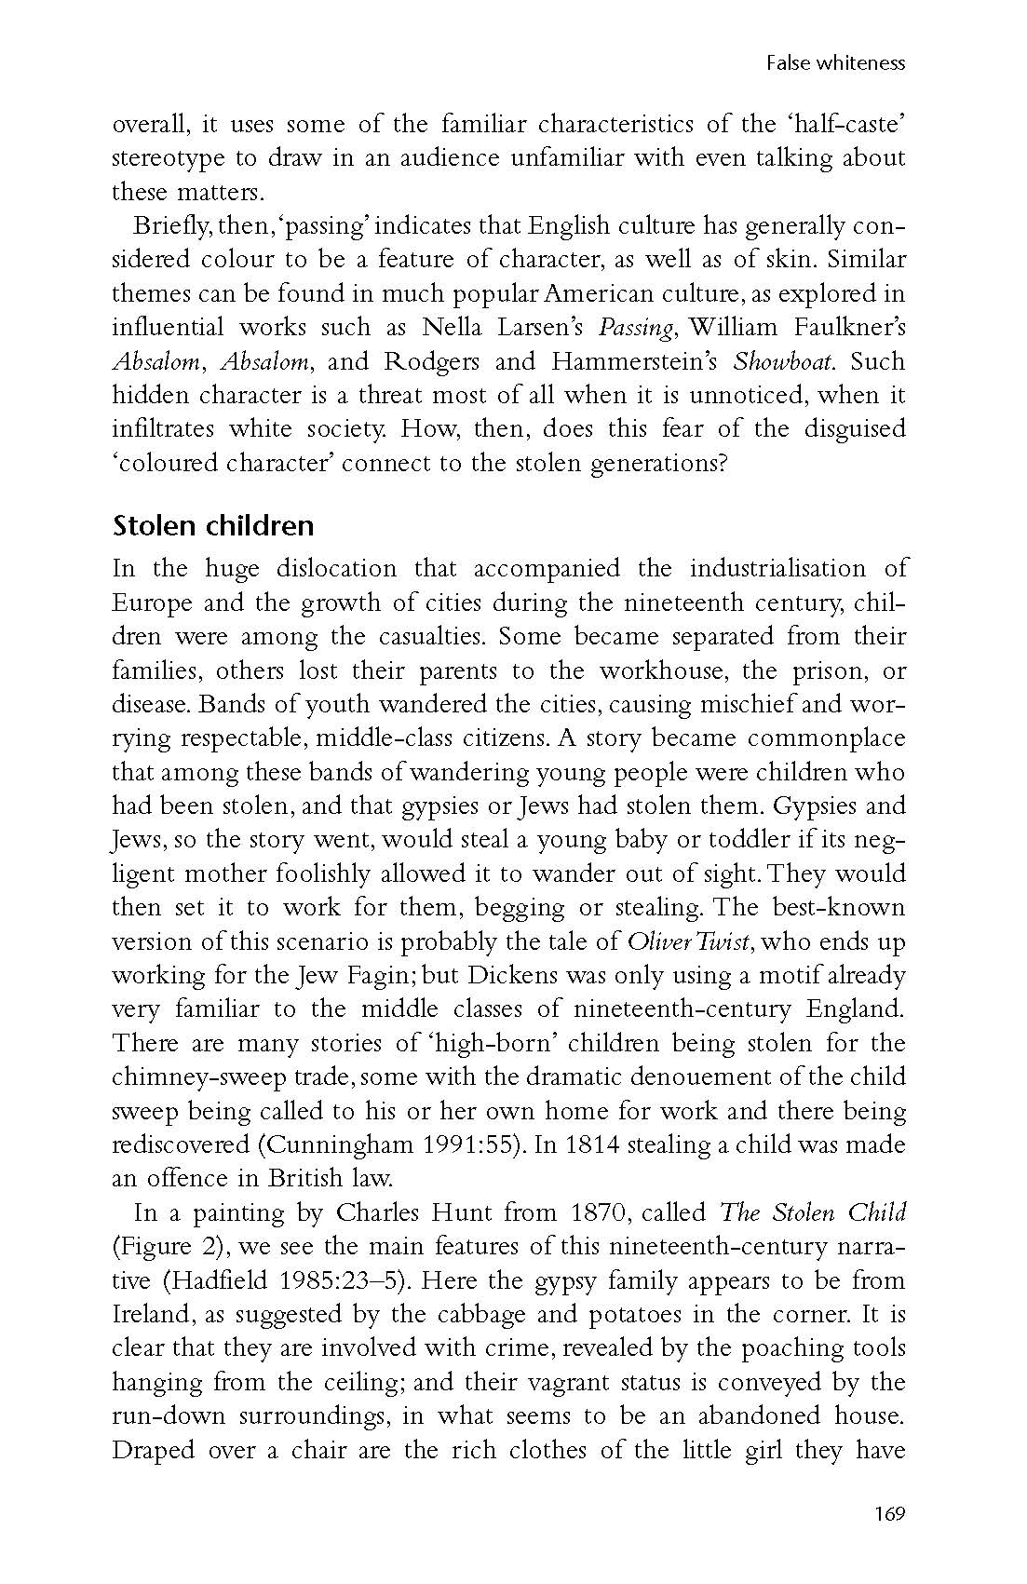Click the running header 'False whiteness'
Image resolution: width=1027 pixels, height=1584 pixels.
835,63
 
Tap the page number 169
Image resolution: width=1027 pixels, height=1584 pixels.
889,1513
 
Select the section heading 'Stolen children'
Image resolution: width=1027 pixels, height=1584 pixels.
213,526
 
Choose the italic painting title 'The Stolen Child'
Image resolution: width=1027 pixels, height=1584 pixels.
812,1213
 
